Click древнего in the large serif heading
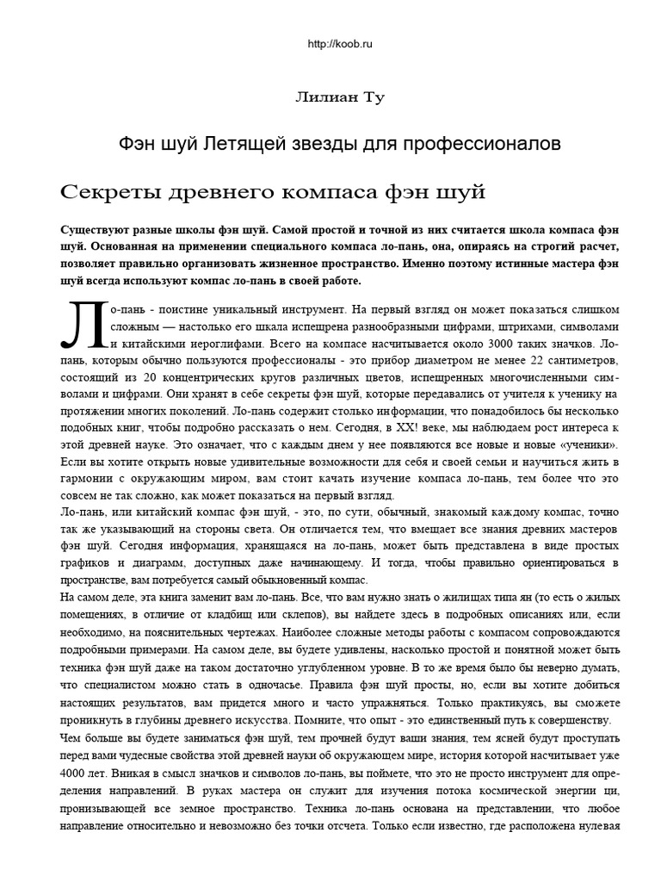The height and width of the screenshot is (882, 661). tap(219, 190)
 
